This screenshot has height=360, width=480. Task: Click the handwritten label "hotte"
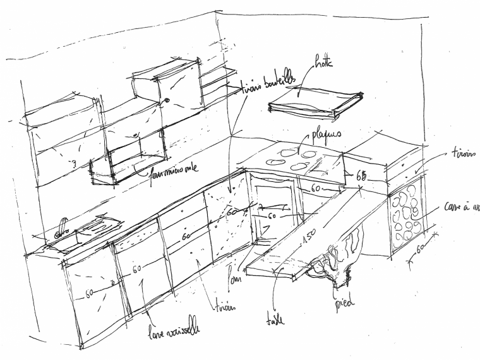pyautogui.click(x=323, y=64)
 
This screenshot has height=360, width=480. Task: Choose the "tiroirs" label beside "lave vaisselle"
pyautogui.click(x=225, y=306)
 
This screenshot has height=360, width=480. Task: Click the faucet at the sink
pyautogui.click(x=63, y=226)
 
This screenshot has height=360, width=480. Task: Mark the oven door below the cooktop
pyautogui.click(x=273, y=215)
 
